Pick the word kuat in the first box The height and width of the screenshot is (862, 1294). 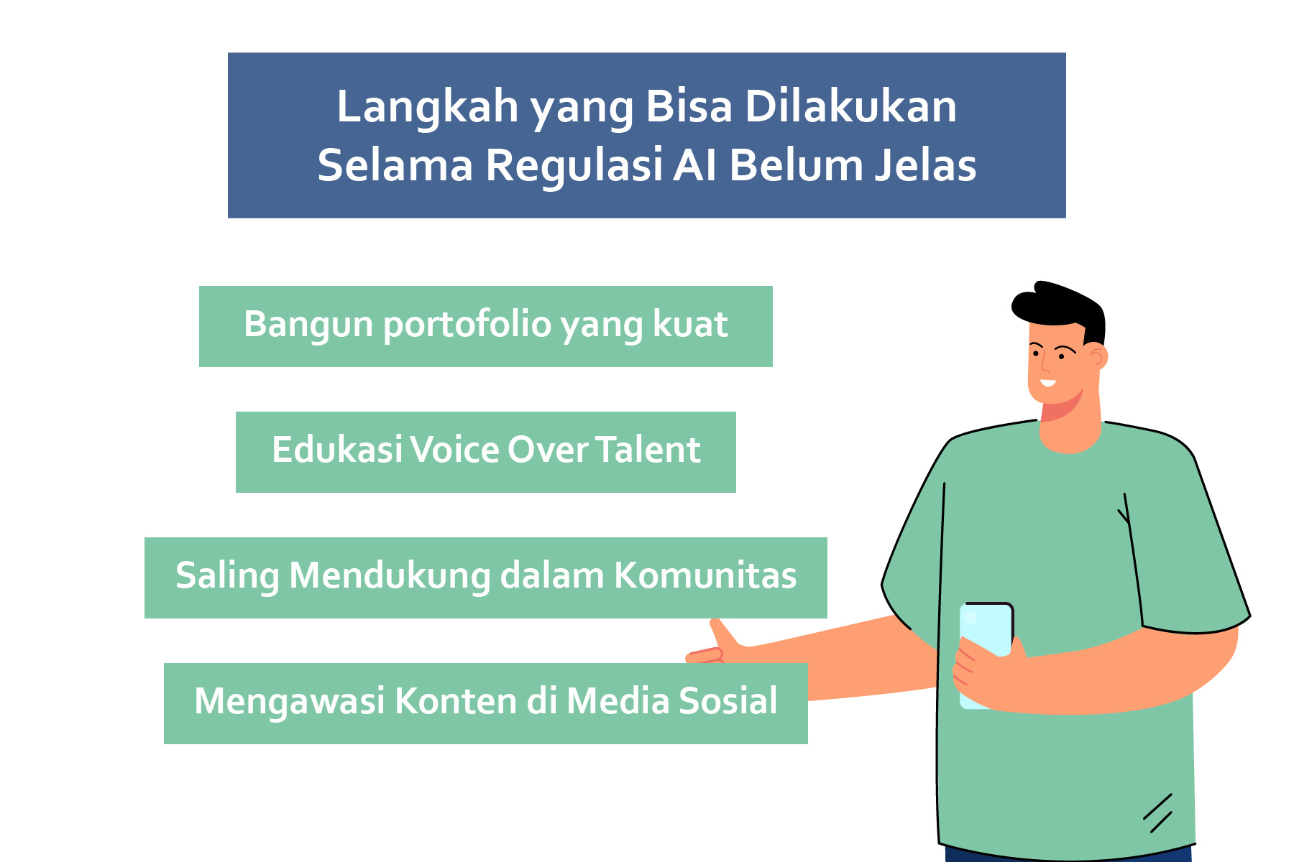[690, 324]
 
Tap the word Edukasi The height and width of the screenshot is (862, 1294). [337, 450]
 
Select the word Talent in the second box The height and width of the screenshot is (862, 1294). [648, 450]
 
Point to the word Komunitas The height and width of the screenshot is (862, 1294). [705, 575]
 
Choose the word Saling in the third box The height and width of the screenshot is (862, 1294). [227, 577]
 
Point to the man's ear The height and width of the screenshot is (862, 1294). [1098, 356]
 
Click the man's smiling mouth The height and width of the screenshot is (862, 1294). [1047, 383]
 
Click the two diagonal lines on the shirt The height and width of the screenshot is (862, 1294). [1158, 813]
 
